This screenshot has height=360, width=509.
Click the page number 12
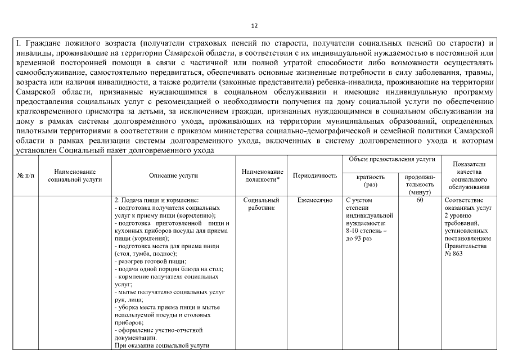(254, 25)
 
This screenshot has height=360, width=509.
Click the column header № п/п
(25, 175)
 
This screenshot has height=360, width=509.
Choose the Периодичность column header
(315, 175)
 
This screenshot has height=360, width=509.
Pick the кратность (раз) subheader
(371, 180)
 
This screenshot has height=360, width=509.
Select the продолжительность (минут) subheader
(420, 184)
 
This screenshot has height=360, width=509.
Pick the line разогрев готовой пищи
(150, 262)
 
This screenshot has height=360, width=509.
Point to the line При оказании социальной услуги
(162, 346)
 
